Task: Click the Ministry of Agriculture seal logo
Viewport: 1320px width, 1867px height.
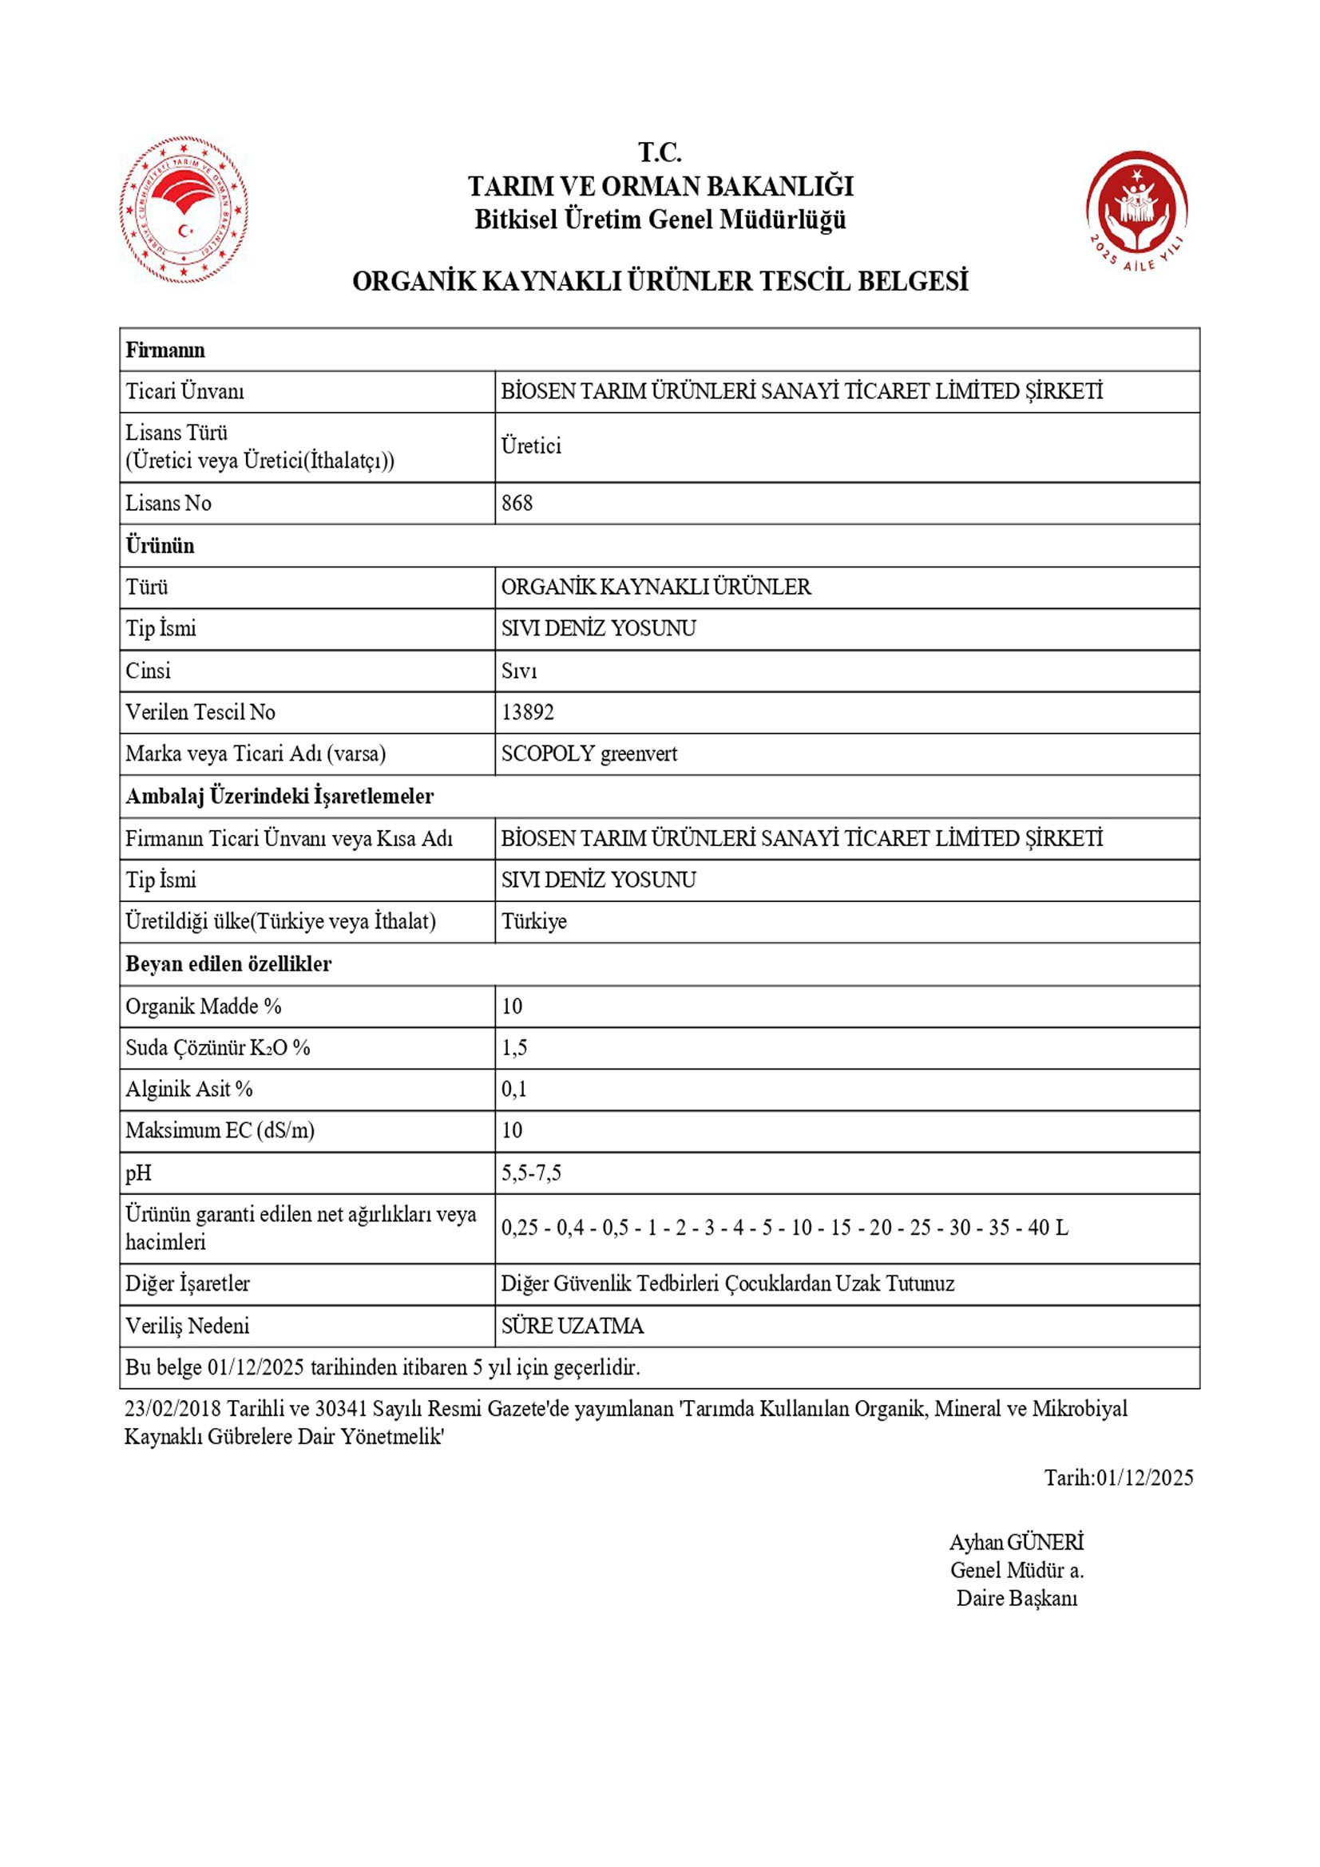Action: pos(184,210)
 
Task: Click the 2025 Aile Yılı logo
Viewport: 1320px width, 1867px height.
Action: pos(1136,211)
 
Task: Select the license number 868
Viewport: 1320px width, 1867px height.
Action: pos(517,503)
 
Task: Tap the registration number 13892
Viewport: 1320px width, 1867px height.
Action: pos(527,711)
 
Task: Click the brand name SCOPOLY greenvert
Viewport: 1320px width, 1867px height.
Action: pos(589,754)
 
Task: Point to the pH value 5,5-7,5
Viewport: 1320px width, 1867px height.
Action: pos(530,1173)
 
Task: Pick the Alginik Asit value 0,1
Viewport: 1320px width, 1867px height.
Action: pos(514,1089)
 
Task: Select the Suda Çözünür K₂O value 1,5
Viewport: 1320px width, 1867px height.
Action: pos(514,1047)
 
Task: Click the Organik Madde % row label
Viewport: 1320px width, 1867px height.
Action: pos(204,1006)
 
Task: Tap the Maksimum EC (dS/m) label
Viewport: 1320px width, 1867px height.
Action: pos(220,1130)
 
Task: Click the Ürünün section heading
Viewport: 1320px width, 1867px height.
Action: pos(161,545)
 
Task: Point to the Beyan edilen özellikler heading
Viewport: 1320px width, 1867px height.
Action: pos(228,963)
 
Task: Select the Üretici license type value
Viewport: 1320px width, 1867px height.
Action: pos(531,445)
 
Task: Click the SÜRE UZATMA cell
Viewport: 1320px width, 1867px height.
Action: pos(572,1326)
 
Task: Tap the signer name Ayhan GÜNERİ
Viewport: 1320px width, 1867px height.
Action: pos(1017,1543)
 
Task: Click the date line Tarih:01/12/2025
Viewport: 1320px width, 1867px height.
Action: pos(1118,1477)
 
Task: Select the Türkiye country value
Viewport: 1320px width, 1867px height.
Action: pos(533,921)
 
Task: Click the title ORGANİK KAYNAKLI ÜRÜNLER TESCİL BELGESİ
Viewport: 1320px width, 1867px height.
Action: pos(660,281)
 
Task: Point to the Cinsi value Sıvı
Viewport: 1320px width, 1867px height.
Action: pos(519,670)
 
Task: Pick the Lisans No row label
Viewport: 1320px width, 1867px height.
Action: pos(168,503)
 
